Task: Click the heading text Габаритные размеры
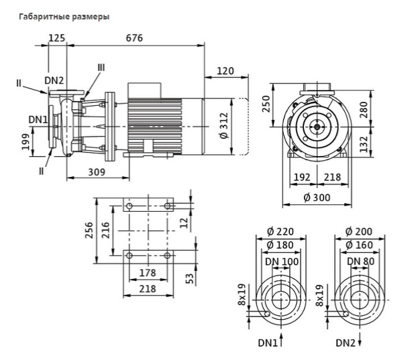coord(64,17)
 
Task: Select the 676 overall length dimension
coord(134,38)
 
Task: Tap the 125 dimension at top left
coord(57,38)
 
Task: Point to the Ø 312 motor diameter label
coord(225,125)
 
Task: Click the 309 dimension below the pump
coord(97,172)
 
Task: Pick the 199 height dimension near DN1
coord(25,142)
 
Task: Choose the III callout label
coord(101,68)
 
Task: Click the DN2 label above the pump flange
coord(54,80)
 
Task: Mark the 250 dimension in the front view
coord(266,104)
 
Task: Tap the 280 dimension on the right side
coord(364,110)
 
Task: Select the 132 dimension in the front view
coord(364,144)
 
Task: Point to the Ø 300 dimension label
coord(317,198)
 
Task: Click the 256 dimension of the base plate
coord(89,231)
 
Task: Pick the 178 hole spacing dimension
coord(148,273)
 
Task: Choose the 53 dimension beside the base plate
coord(189,278)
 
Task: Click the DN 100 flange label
coord(282,261)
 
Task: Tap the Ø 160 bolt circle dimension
coord(359,245)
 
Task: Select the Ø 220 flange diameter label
coord(280,232)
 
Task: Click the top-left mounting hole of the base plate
coord(129,206)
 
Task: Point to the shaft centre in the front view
coord(317,127)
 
